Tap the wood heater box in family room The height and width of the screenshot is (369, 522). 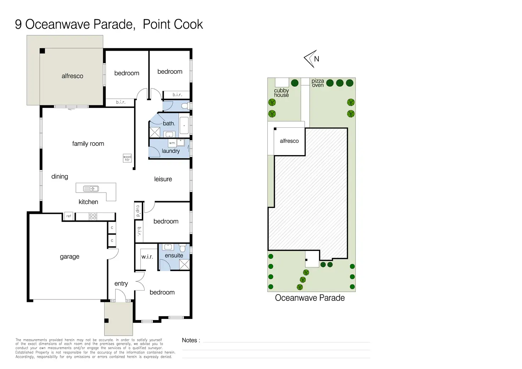(x=127, y=158)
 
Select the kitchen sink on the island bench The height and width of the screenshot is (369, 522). (x=91, y=188)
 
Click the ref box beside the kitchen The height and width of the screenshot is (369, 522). (x=68, y=216)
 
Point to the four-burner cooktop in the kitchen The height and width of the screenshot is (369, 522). (x=93, y=216)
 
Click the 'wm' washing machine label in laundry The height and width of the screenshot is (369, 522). (x=172, y=143)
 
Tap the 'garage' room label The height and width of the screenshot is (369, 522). (x=70, y=257)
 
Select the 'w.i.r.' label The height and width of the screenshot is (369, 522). (x=147, y=257)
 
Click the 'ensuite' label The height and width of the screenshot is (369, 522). (x=174, y=255)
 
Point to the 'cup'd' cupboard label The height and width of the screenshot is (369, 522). (x=138, y=211)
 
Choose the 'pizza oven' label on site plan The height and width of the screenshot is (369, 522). (x=318, y=83)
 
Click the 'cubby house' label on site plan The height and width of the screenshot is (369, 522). (x=281, y=93)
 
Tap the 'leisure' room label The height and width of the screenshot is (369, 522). (x=163, y=179)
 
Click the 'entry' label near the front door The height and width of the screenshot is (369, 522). (x=121, y=283)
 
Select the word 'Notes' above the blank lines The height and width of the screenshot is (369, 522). (x=189, y=340)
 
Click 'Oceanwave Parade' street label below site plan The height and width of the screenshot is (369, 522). (x=310, y=298)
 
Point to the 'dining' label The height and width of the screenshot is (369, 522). (x=60, y=176)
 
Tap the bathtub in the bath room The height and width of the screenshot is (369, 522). (x=184, y=125)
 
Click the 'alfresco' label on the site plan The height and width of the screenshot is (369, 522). (x=289, y=141)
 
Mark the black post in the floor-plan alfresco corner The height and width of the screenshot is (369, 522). (x=42, y=51)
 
